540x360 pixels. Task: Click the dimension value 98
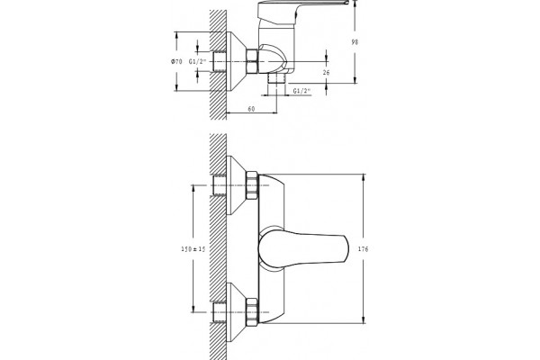point(355,42)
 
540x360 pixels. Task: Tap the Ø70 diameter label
point(176,62)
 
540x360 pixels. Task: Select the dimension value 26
point(327,72)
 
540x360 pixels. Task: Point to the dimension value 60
point(251,109)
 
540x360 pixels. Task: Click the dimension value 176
point(363,249)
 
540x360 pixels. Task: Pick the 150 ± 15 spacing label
point(193,249)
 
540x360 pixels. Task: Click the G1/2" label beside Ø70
point(197,62)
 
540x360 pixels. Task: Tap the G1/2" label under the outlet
point(302,91)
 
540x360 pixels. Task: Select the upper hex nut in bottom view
point(252,185)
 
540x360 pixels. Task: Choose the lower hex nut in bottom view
point(252,311)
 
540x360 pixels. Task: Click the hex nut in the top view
point(252,61)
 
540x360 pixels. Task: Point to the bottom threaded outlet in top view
point(277,78)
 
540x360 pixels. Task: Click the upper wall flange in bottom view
point(236,185)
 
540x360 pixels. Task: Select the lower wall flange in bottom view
point(236,312)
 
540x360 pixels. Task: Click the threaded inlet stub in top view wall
point(220,62)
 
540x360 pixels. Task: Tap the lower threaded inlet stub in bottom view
point(220,312)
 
